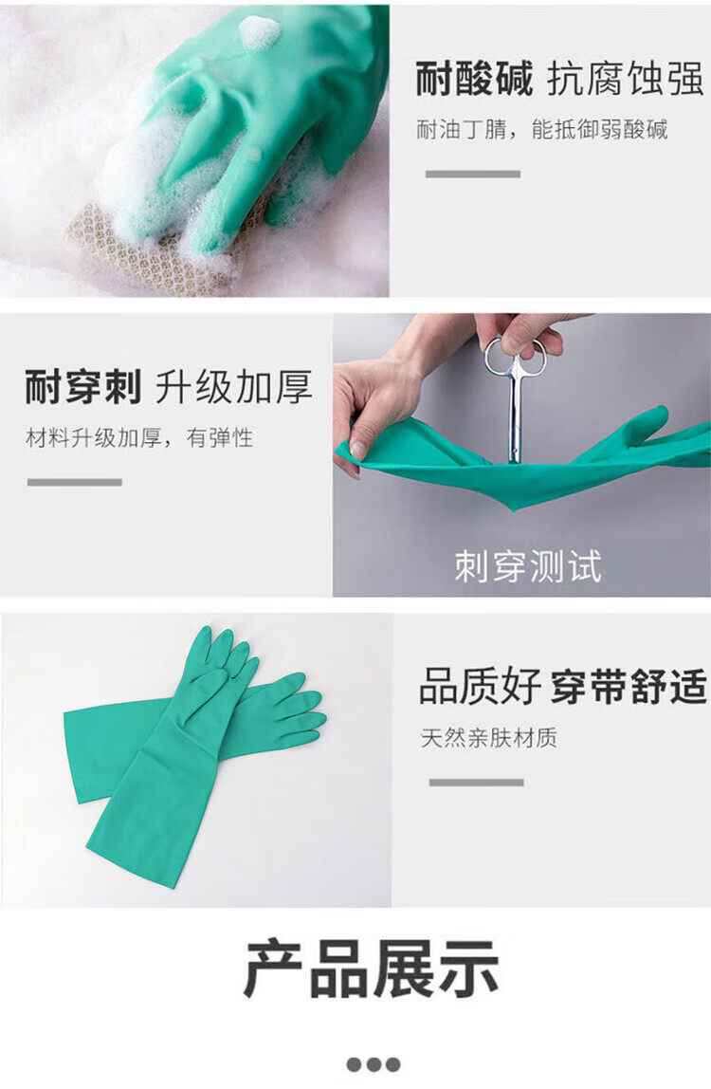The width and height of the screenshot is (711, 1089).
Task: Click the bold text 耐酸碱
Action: coord(474,78)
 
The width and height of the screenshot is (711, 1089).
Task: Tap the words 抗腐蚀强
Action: coord(626,78)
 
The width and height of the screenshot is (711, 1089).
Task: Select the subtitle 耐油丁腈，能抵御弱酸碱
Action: coord(541,129)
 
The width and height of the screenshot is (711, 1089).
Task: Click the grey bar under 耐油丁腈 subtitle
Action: coord(473,174)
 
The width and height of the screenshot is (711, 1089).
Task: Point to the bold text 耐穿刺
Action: coord(83,387)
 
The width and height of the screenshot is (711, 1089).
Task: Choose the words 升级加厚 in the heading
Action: coord(233,387)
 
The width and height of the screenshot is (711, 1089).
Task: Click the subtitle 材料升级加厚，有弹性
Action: coord(139,437)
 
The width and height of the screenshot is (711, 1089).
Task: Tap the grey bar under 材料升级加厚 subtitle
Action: coord(74,482)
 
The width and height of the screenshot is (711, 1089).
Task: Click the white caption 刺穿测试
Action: coord(528,566)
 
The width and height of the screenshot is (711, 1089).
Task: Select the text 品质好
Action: coord(480,686)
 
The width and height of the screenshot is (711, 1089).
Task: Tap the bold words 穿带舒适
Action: coord(629,686)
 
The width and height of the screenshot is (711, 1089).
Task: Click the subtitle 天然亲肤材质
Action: coord(489,738)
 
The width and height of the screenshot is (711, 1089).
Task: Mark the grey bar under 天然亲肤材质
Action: coord(476,782)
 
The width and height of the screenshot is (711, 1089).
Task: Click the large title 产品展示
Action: coord(372,969)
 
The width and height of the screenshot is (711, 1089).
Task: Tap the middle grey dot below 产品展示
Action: coord(374,1064)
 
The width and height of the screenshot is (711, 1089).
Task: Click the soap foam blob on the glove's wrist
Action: coord(259,31)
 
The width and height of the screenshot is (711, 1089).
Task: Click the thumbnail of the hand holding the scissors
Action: coord(522,455)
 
